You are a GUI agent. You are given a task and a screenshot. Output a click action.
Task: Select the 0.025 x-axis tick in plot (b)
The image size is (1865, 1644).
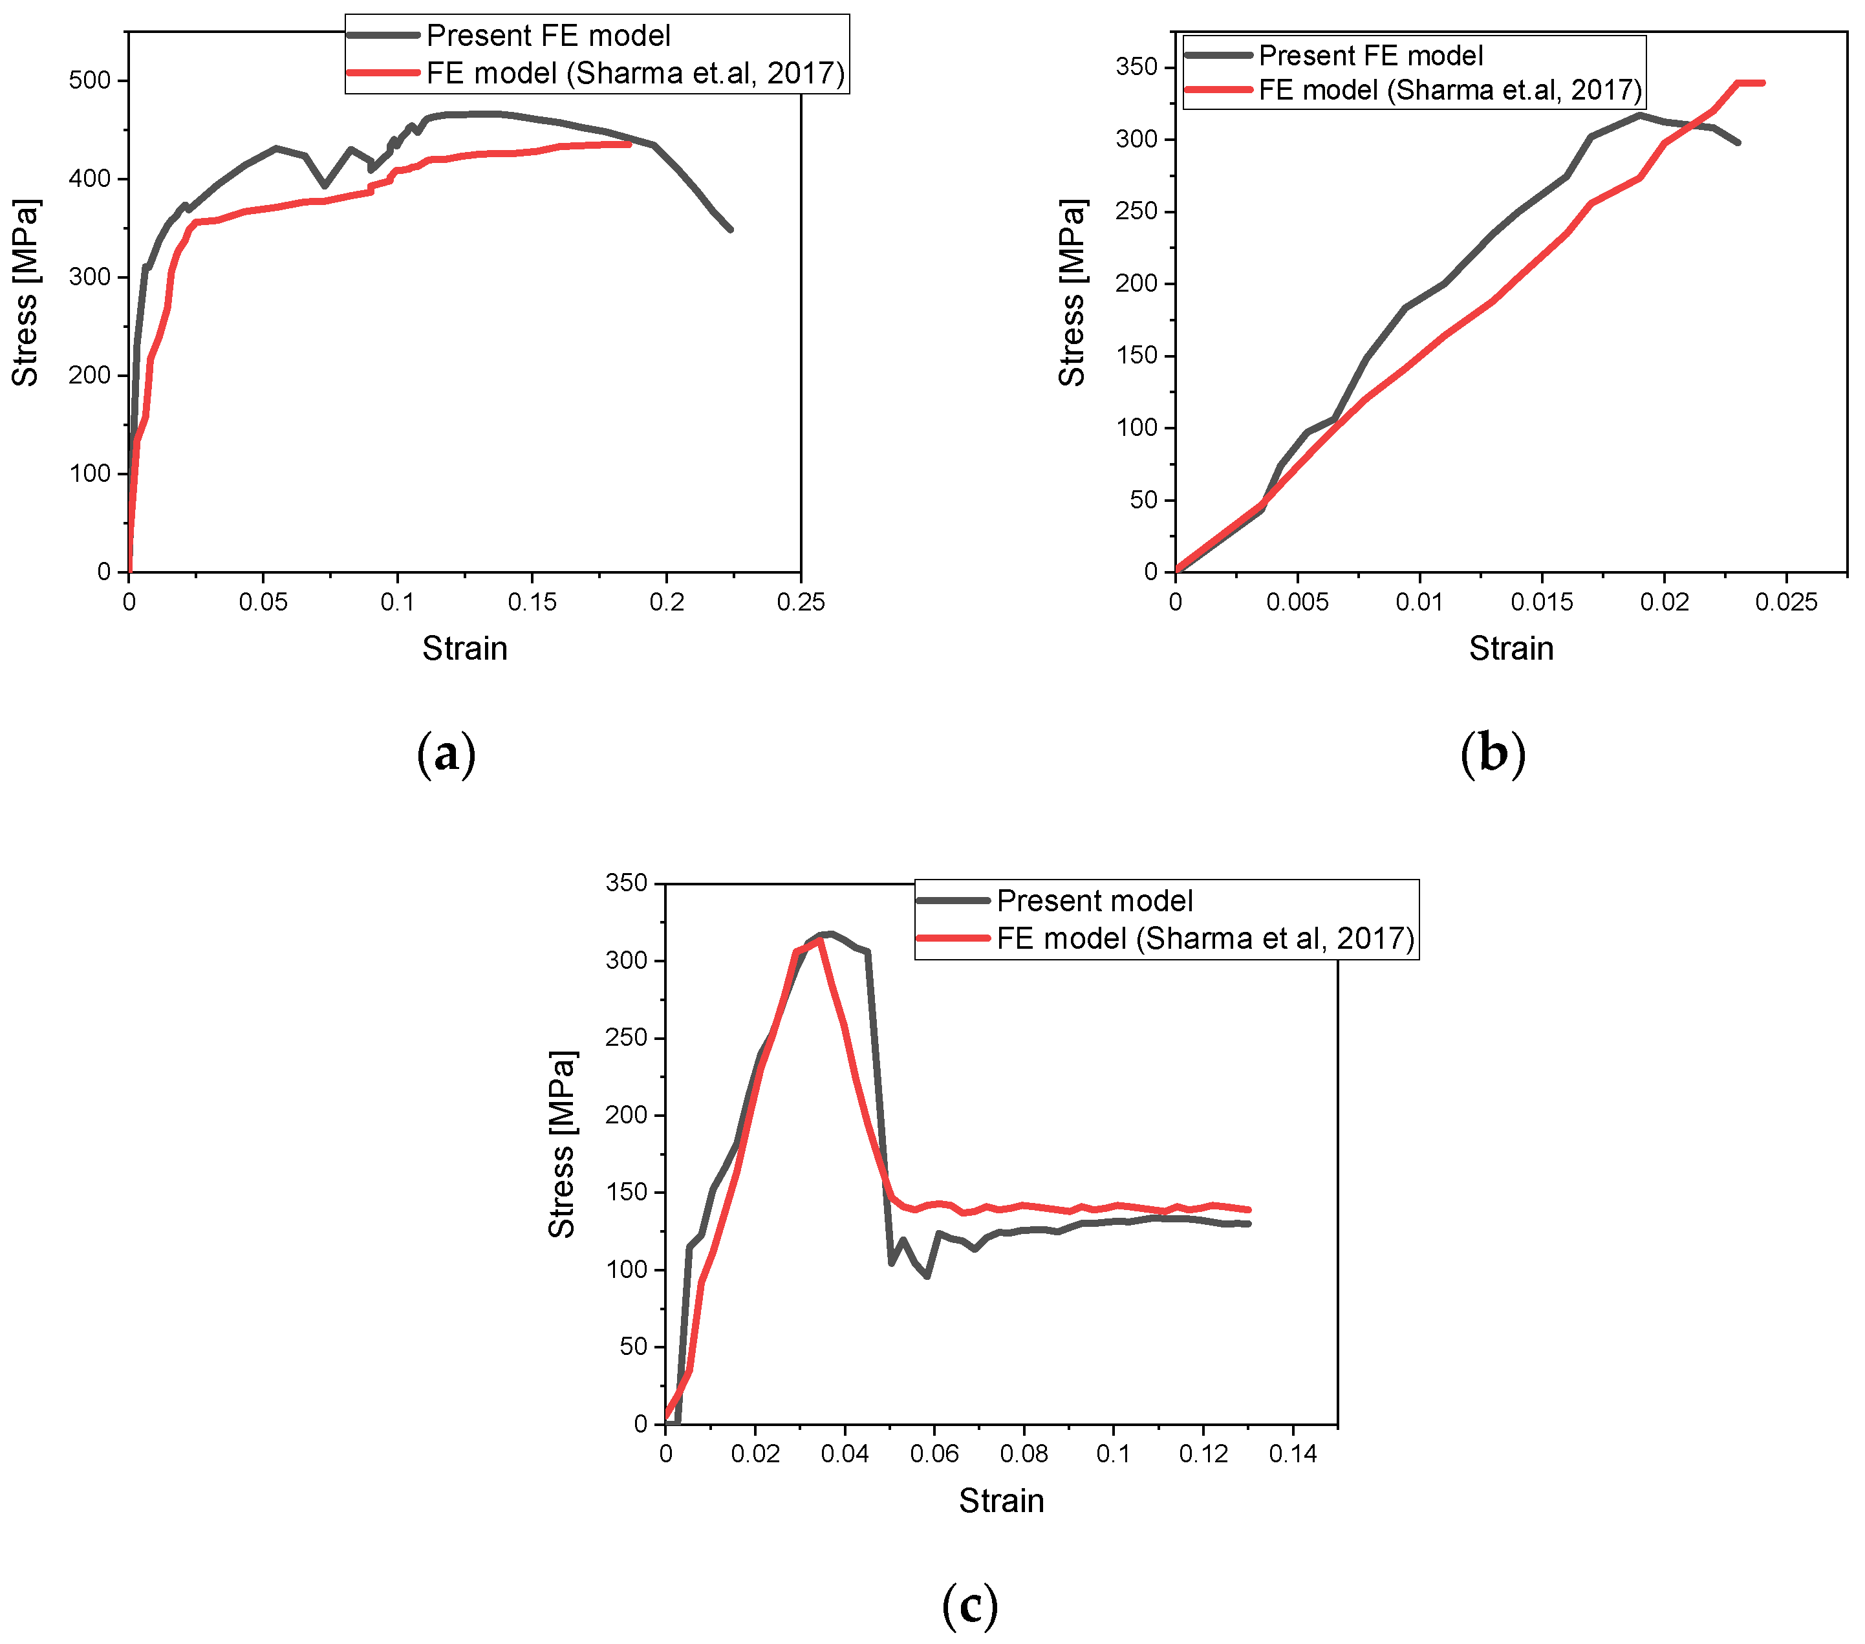tap(1787, 602)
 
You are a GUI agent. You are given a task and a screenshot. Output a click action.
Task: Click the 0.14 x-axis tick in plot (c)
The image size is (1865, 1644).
tap(1292, 1455)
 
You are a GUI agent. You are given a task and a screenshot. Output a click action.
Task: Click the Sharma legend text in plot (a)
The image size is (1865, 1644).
tap(635, 73)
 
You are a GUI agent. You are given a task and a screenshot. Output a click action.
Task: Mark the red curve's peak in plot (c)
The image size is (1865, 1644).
tap(819, 940)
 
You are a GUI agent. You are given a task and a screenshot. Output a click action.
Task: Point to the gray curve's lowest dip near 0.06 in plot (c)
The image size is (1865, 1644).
tap(927, 1275)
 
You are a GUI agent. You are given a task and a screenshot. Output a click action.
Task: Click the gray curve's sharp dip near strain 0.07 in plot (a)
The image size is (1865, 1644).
tap(325, 186)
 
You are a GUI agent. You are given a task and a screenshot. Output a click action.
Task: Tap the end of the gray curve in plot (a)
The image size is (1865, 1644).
tap(730, 229)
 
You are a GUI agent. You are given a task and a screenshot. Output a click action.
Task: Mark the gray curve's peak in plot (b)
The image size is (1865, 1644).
tap(1639, 115)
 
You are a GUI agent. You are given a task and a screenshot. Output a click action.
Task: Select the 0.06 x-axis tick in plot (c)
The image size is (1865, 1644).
tap(934, 1455)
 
